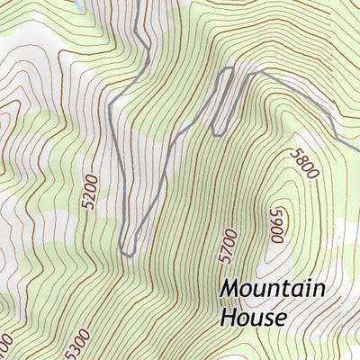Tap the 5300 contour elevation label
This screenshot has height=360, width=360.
pyautogui.click(x=78, y=342)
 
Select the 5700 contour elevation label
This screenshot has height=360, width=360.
pyautogui.click(x=229, y=246)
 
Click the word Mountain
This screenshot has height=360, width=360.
pyautogui.click(x=272, y=290)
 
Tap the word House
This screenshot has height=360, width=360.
pyautogui.click(x=253, y=318)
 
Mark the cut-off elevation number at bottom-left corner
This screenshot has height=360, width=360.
pyautogui.click(x=4, y=346)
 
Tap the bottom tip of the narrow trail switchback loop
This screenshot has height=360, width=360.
pyautogui.click(x=217, y=134)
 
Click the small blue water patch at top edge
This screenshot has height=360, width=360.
pyautogui.click(x=81, y=4)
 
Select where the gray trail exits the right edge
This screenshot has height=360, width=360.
pyautogui.click(x=357, y=155)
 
